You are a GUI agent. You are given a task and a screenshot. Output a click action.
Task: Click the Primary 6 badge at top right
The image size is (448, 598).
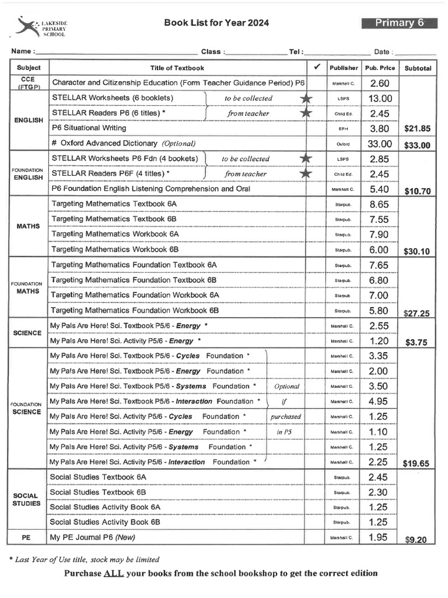tap(399, 23)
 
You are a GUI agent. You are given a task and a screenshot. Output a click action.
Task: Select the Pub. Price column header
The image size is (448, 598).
tap(380, 68)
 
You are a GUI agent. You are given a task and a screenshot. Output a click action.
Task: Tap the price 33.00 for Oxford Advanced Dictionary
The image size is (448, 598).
tap(380, 144)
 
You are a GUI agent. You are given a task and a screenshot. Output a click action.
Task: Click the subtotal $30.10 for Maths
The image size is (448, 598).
tap(416, 252)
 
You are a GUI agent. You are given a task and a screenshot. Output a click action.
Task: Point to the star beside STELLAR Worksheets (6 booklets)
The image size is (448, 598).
tap(306, 98)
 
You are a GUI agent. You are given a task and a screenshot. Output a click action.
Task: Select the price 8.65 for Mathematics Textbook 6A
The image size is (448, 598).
tap(380, 204)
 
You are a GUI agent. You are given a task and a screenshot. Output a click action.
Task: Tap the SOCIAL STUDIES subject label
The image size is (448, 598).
tap(26, 499)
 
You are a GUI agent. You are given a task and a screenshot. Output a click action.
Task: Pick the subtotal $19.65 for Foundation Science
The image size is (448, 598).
tap(416, 464)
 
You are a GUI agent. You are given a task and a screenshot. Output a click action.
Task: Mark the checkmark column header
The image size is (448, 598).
tap(316, 67)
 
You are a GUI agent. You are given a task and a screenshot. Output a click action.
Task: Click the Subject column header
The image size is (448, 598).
tap(29, 68)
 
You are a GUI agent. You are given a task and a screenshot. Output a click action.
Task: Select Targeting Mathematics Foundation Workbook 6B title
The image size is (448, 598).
tap(135, 311)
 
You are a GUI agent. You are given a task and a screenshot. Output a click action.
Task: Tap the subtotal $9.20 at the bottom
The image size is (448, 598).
tap(416, 540)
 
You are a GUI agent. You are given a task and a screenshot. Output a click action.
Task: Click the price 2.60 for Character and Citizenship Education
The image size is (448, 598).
tap(380, 84)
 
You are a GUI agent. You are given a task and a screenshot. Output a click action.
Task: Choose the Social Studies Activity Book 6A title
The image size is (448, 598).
tap(105, 507)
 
